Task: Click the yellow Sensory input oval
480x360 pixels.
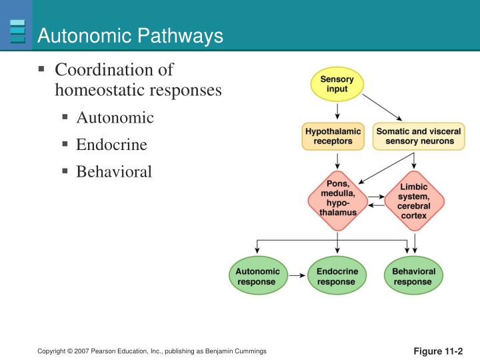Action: tap(337, 85)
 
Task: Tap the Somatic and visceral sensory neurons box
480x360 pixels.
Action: tap(418, 137)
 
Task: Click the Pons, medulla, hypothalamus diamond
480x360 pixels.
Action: tap(337, 199)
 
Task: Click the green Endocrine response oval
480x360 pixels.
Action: tap(337, 277)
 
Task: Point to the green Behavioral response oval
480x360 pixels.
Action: tap(413, 277)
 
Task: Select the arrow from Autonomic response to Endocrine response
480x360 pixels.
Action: tap(298, 277)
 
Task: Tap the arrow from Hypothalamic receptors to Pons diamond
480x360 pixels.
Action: tap(337, 160)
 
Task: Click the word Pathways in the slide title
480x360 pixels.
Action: tap(181, 37)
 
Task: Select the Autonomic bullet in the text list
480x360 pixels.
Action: tap(115, 118)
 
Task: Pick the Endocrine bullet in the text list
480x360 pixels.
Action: tap(111, 145)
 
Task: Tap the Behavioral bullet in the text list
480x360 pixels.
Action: tap(114, 172)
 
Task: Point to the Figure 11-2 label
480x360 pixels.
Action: tap(438, 351)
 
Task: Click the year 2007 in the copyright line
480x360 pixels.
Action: tap(84, 351)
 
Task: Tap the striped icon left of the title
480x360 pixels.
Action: tap(18, 31)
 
